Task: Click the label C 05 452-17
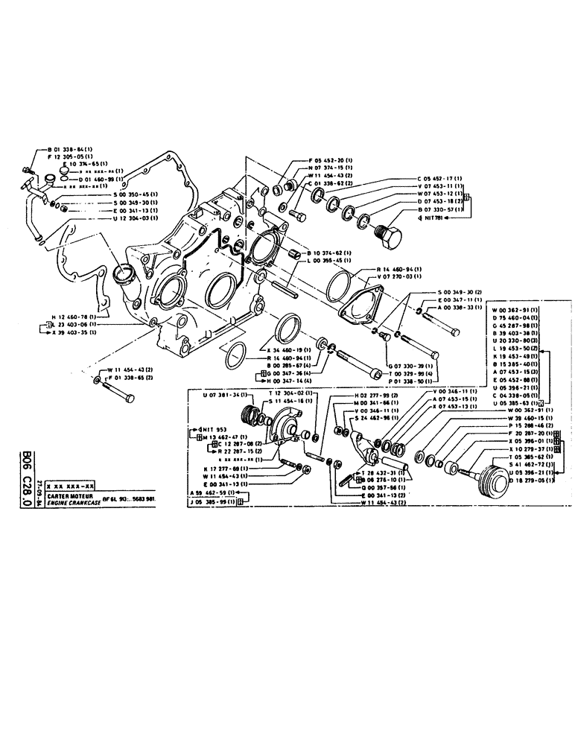pos(440,178)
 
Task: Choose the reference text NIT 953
pos(212,430)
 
